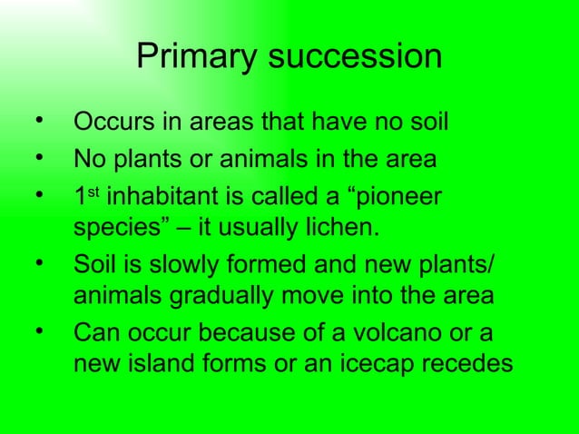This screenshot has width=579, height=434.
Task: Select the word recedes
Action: pos(468,364)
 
